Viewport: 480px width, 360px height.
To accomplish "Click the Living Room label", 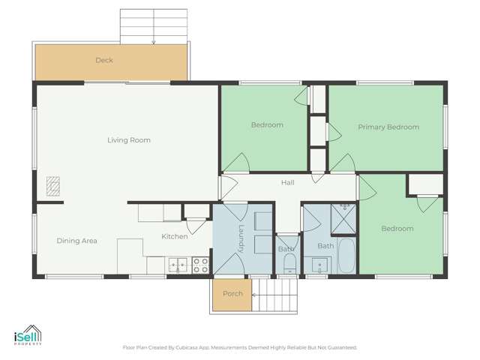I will (128, 140).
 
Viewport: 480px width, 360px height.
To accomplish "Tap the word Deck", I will (104, 60).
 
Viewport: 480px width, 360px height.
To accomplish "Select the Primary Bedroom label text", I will (388, 127).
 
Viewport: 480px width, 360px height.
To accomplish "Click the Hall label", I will (287, 183).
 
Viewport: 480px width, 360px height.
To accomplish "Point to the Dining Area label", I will (77, 241).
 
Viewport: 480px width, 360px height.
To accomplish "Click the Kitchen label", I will (175, 237).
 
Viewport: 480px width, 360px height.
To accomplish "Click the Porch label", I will (232, 293).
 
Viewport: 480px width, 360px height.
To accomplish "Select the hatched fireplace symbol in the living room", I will (52, 186).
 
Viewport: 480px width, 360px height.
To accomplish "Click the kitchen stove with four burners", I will (201, 264).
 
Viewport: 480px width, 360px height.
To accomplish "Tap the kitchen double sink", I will (178, 264).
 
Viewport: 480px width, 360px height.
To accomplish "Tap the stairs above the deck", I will (154, 26).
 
